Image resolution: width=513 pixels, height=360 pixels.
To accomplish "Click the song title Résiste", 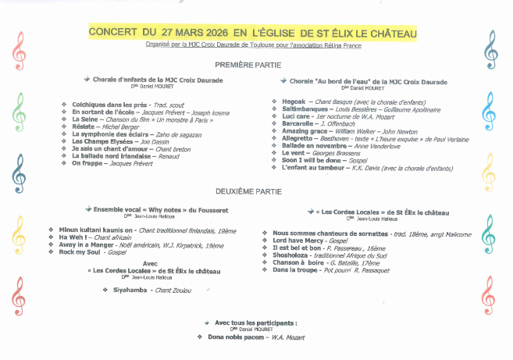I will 84,126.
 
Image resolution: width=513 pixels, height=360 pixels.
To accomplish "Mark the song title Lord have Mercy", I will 297,240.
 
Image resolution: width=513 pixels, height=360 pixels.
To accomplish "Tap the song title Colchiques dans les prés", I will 111,104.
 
